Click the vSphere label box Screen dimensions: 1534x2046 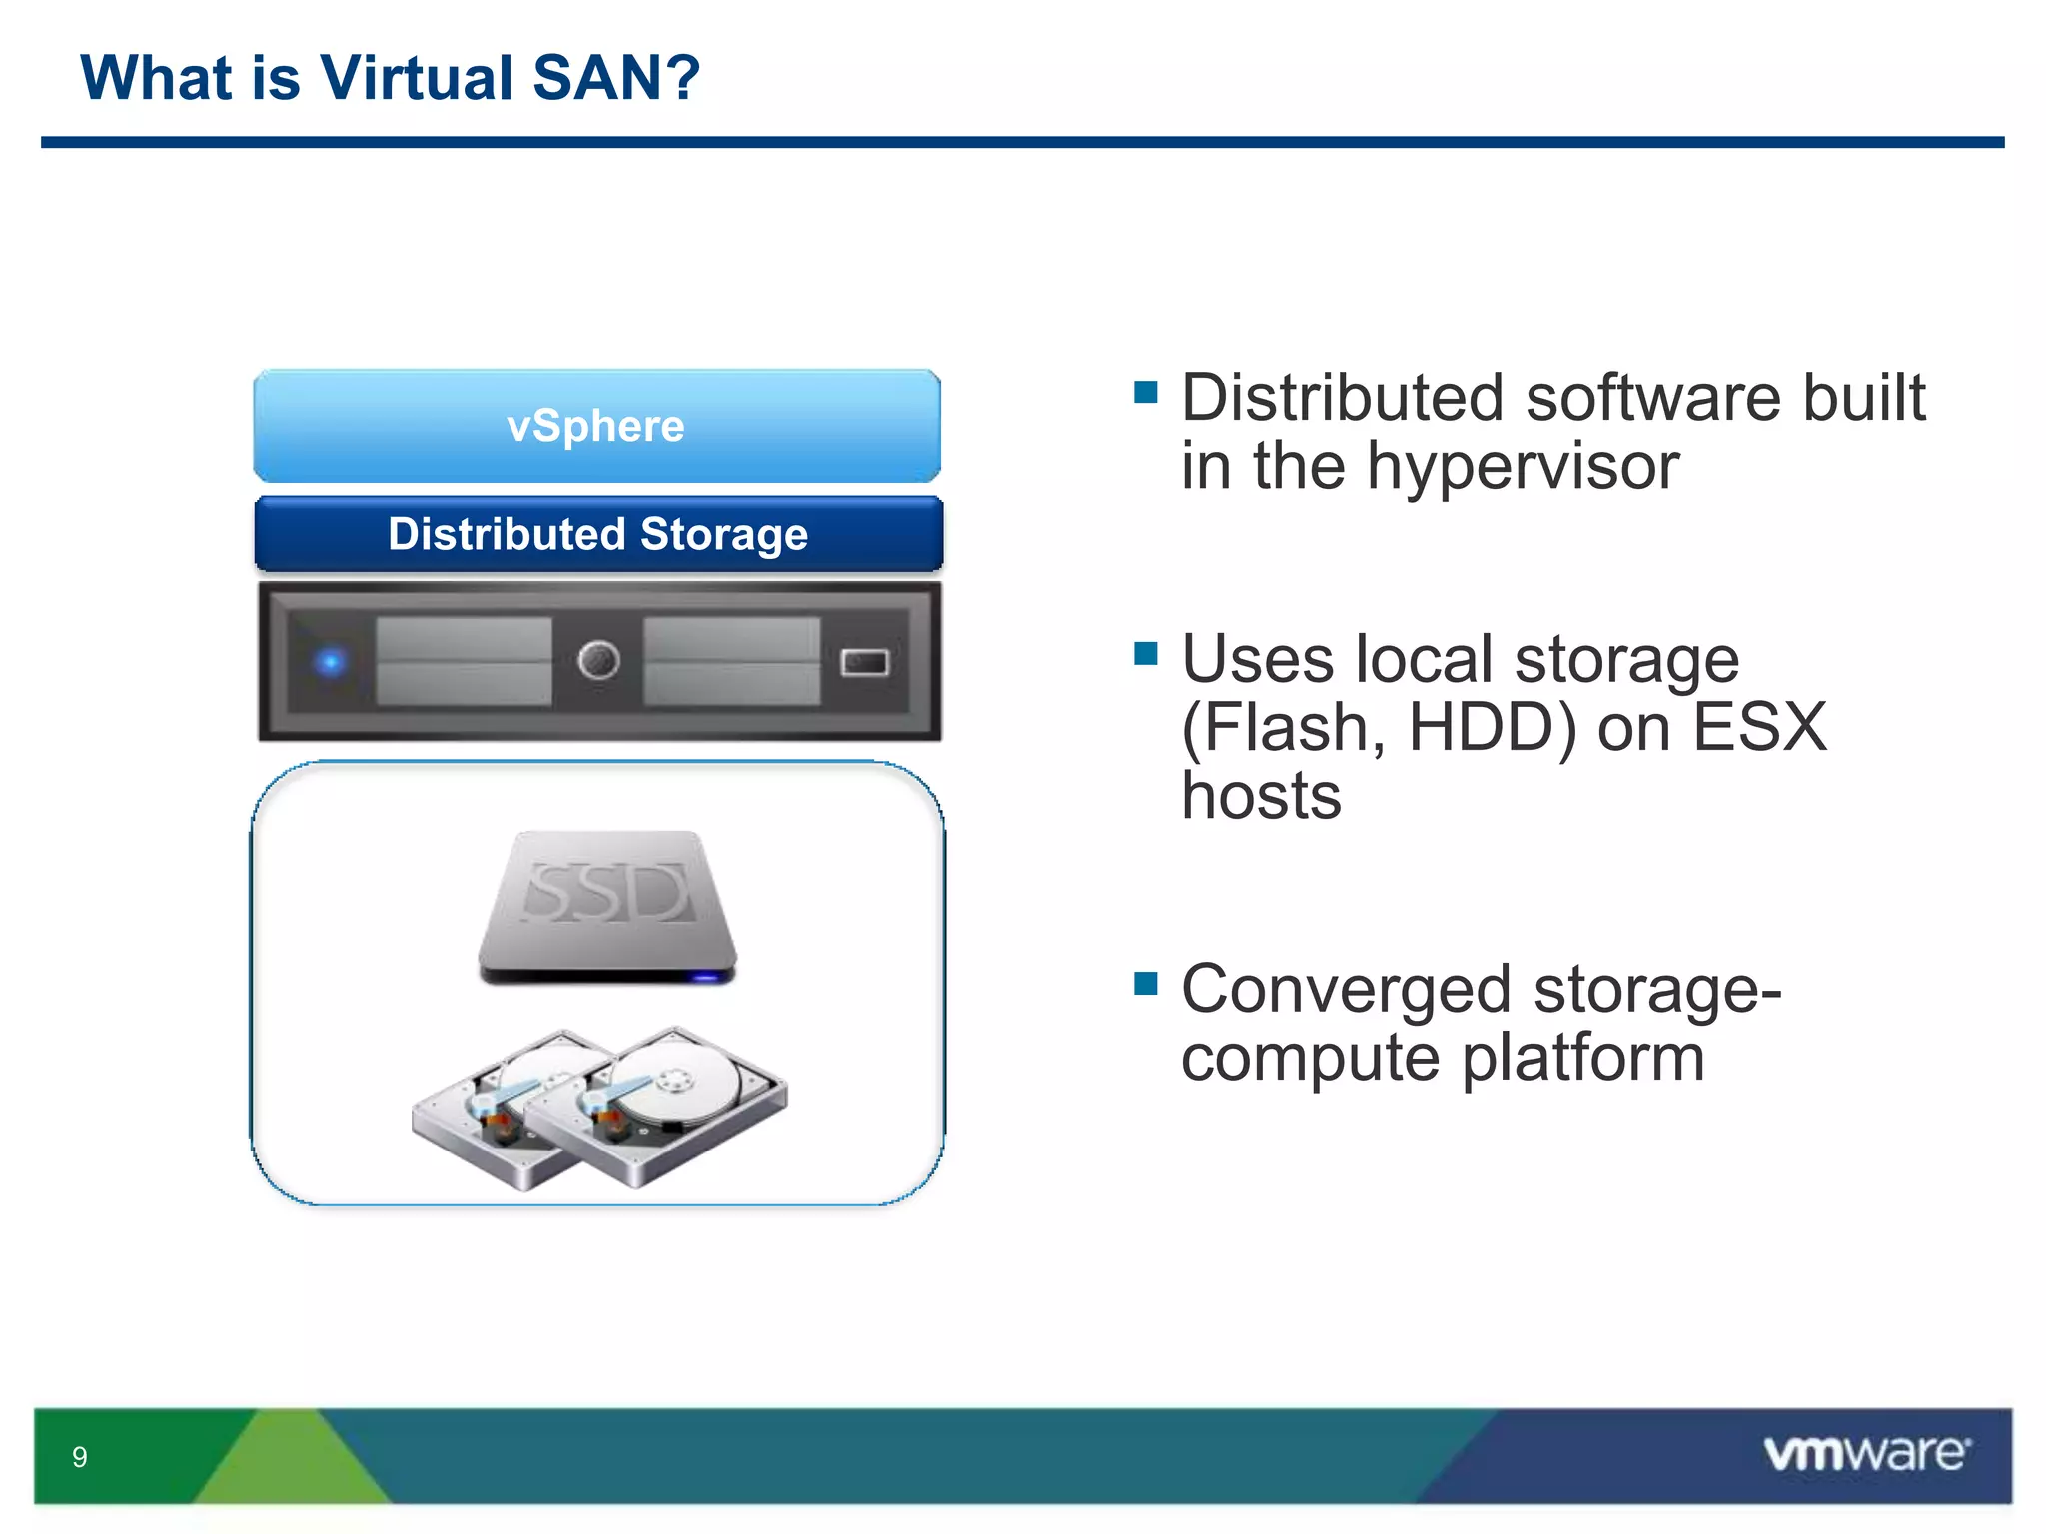click(x=596, y=426)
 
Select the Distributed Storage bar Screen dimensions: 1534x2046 click(x=597, y=534)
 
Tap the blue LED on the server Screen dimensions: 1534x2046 click(x=331, y=661)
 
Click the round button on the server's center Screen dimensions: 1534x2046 click(x=598, y=660)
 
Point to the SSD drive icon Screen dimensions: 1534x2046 click(x=606, y=904)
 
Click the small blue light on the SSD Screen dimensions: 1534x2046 click(x=705, y=977)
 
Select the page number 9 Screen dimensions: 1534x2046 click(x=80, y=1457)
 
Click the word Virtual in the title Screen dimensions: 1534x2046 click(x=417, y=78)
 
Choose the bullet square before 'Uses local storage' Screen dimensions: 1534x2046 click(x=1145, y=653)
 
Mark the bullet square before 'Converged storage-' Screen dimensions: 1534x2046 click(x=1145, y=984)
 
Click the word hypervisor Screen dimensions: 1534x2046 click(x=1523, y=467)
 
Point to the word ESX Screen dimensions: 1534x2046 click(x=1759, y=727)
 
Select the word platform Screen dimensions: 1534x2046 click(x=1582, y=1058)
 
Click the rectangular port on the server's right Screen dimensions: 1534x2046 click(x=864, y=662)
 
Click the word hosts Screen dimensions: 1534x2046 click(x=1261, y=796)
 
